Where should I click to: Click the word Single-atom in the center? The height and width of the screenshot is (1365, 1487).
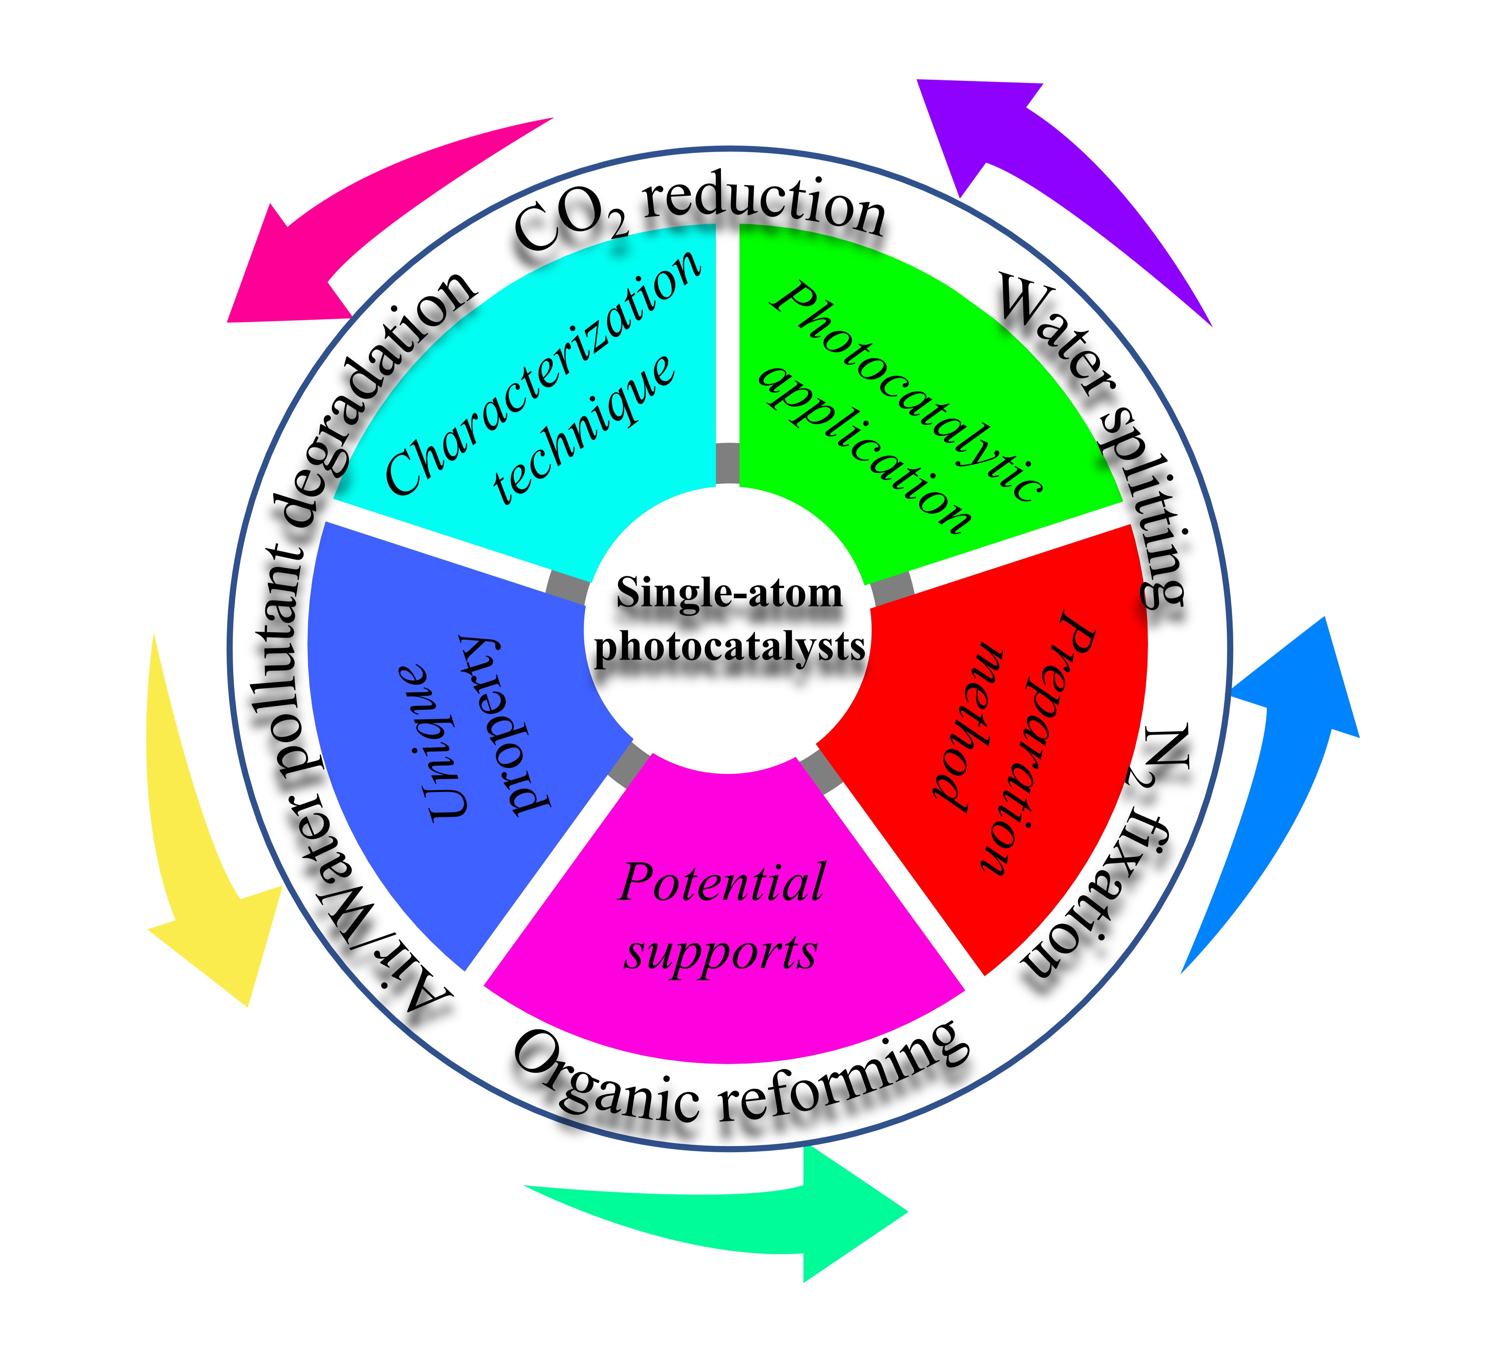click(729, 593)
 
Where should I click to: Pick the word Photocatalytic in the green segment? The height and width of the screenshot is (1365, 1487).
click(909, 391)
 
